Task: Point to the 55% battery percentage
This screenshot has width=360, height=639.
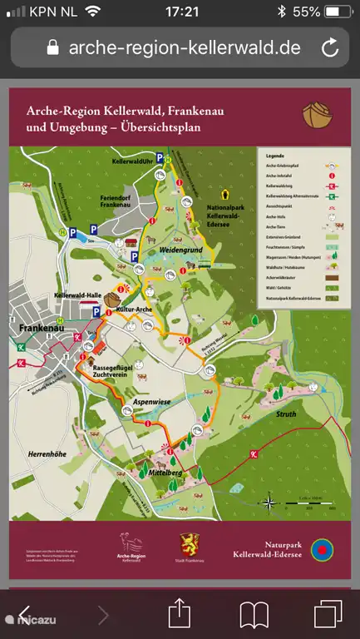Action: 307,12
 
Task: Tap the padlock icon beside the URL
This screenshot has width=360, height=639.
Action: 54,47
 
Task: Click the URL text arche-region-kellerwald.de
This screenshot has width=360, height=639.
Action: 185,47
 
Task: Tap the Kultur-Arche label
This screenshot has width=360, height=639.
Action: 133,309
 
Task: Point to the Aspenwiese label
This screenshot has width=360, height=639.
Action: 151,401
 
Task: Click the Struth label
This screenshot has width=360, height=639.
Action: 286,412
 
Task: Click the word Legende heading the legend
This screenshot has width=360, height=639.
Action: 275,156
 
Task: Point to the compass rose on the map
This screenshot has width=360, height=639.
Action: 270,502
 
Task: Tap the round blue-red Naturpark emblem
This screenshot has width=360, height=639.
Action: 321,550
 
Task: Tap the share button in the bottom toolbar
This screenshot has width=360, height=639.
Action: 180,615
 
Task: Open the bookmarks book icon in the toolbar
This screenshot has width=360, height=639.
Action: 254,615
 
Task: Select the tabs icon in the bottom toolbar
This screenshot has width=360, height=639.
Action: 328,615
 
